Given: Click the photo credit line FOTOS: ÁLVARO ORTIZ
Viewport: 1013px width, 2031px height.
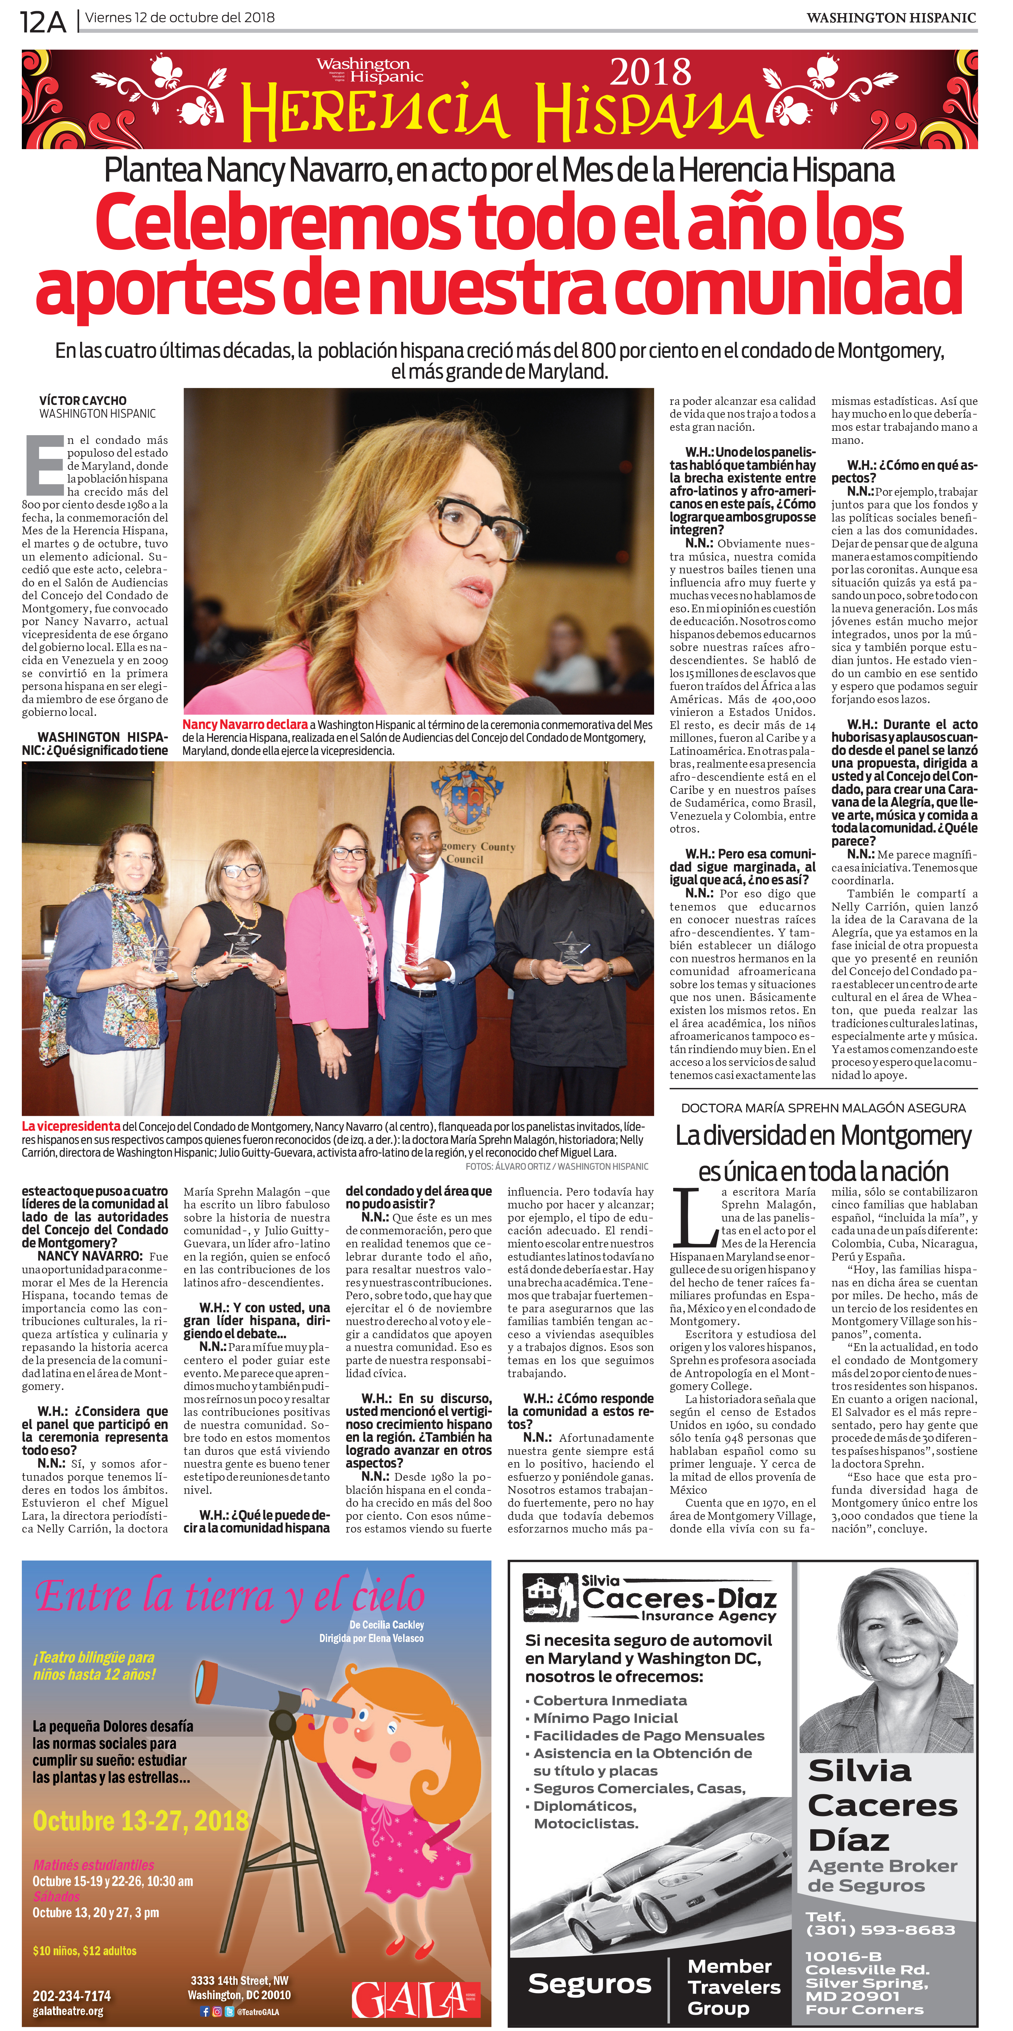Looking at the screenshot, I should point(557,1166).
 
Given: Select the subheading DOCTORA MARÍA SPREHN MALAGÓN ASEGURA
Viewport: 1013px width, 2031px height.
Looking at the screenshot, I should point(823,1108).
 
